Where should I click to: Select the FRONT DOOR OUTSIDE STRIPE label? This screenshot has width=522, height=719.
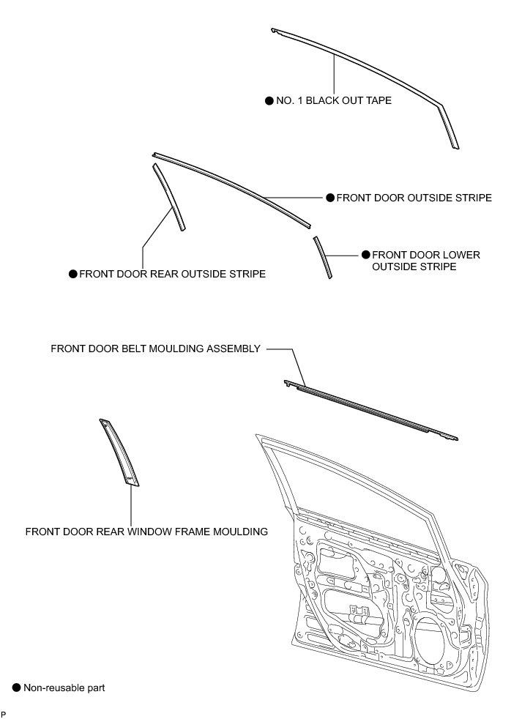pos(414,198)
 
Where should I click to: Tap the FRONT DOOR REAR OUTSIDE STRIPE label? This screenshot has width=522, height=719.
pos(172,274)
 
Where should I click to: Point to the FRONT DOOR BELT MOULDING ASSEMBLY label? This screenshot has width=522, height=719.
pos(155,349)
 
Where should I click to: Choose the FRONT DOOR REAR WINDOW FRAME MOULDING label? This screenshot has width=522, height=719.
pos(146,531)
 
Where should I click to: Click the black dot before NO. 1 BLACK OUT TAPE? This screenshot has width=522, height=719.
pos(269,100)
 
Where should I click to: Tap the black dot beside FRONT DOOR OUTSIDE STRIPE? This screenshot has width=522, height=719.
pos(330,198)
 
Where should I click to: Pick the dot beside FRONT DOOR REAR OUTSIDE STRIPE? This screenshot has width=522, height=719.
pos(72,274)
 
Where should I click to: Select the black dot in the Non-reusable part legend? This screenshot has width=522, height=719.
pos(16,688)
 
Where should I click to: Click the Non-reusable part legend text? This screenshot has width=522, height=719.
pos(64,688)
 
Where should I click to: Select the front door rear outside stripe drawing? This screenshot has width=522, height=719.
pos(169,198)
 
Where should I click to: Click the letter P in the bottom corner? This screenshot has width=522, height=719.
pos(4,713)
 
